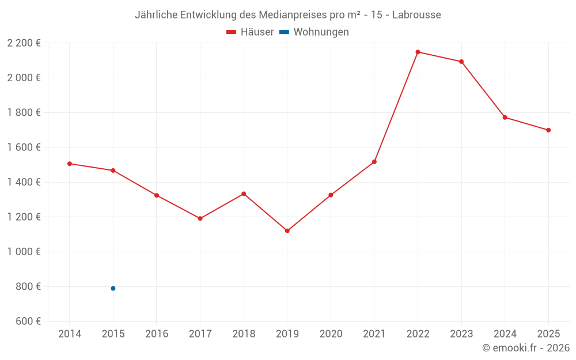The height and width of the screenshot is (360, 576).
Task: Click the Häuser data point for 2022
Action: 418,52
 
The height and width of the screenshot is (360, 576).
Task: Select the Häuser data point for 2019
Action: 287,231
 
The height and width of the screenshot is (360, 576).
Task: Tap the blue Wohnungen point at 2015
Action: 113,289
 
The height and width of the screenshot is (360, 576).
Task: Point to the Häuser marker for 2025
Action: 548,130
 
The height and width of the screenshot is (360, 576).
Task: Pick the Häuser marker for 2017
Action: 200,218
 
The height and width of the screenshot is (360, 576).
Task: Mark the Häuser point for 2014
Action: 70,164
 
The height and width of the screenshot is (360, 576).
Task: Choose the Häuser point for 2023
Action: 461,62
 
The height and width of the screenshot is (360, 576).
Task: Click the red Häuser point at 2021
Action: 374,162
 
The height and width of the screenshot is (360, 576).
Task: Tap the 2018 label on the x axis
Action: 244,334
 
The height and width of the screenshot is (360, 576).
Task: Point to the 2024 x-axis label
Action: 505,334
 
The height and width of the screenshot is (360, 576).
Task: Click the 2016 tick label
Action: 157,334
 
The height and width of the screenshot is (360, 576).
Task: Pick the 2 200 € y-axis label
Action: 24,43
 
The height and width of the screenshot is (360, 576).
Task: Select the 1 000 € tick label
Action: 24,252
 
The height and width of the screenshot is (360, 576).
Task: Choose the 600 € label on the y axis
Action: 27,321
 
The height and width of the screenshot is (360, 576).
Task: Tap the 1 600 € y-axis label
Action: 24,147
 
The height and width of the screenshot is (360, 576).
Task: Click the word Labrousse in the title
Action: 416,15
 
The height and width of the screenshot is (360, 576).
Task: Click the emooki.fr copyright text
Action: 526,348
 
